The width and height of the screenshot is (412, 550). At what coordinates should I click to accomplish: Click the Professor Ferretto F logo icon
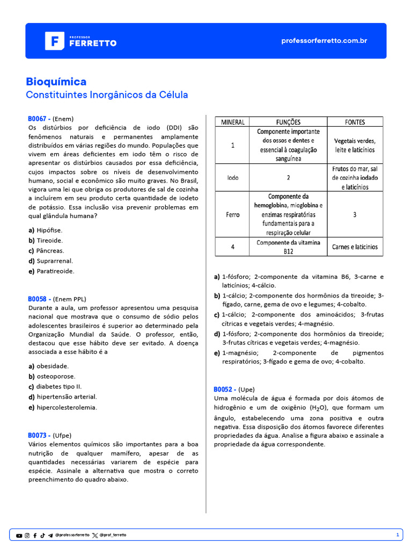[54, 41]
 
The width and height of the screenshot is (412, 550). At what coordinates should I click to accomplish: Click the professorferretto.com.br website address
[324, 41]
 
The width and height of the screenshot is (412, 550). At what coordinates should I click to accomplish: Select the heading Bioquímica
[56, 82]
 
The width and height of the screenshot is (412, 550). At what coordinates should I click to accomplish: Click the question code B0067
[39, 119]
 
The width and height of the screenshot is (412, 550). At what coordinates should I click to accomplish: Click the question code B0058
[39, 299]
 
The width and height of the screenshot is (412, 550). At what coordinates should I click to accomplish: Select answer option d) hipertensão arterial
[63, 397]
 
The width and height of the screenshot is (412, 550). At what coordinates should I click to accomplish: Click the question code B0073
[39, 435]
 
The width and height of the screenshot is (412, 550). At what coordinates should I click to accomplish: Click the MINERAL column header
[233, 122]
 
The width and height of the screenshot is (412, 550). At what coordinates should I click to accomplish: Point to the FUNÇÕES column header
[288, 122]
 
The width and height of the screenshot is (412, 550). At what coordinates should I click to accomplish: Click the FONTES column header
[355, 122]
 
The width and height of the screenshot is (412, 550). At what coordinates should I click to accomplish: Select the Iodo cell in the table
[233, 177]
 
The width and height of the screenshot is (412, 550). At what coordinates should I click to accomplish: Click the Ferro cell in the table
[233, 214]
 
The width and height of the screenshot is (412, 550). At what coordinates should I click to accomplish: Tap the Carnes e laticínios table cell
[355, 247]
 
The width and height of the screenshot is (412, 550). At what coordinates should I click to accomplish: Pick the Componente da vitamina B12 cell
[288, 247]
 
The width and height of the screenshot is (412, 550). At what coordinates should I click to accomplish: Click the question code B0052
[224, 389]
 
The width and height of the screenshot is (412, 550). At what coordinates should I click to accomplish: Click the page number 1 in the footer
[398, 535]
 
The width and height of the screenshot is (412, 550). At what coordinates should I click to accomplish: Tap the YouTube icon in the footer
[19, 535]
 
